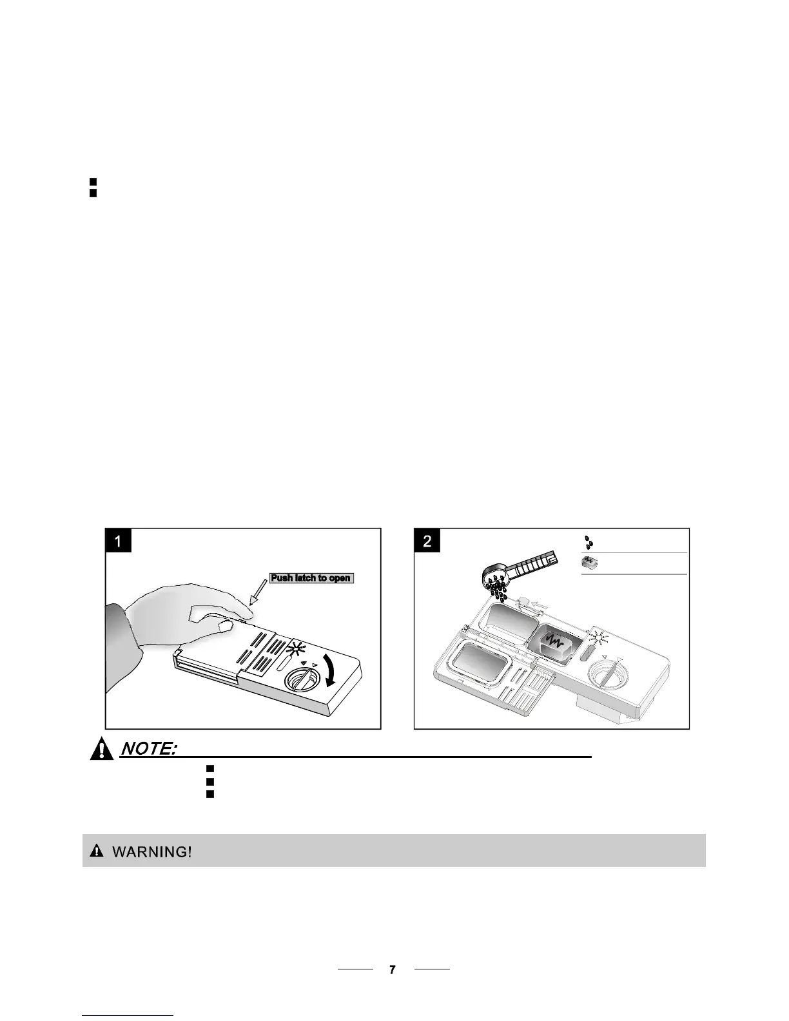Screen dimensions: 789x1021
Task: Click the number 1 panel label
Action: click(x=119, y=540)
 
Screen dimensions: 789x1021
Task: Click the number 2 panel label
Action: click(x=427, y=540)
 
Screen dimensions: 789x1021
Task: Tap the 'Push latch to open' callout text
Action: click(x=311, y=578)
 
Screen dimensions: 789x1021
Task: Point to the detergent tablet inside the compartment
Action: click(x=554, y=645)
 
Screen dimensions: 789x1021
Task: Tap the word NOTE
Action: click(x=149, y=748)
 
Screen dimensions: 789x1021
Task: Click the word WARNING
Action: click(x=152, y=852)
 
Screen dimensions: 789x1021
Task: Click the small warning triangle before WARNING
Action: click(x=96, y=851)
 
